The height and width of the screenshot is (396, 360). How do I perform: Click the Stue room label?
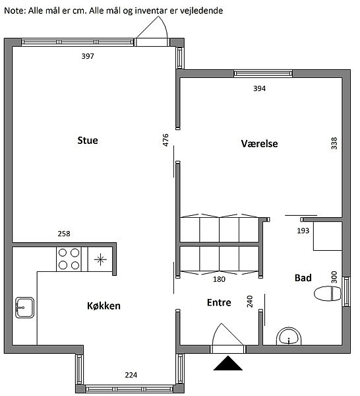[88, 141]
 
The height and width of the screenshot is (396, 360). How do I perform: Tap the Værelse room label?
[259, 144]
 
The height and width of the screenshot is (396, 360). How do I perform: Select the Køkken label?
[104, 306]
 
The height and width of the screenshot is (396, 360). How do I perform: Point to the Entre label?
[219, 302]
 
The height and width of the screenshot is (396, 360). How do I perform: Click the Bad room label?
[303, 278]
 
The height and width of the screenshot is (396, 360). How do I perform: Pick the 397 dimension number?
[88, 56]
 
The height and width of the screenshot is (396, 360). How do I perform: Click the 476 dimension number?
[165, 140]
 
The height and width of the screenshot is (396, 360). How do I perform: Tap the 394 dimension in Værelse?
[260, 88]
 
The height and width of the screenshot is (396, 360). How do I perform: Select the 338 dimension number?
[334, 143]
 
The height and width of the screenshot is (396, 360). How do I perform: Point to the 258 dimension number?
[64, 234]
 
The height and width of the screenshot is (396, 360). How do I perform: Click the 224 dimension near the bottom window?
[131, 375]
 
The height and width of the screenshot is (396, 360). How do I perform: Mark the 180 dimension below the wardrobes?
[219, 279]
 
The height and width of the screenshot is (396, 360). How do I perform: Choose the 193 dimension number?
[303, 230]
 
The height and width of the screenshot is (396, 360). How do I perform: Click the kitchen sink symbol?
[24, 308]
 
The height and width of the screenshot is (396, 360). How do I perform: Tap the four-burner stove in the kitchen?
[69, 259]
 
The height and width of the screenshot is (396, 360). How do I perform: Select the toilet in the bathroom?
[328, 294]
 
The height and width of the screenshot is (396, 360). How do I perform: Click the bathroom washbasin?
[289, 336]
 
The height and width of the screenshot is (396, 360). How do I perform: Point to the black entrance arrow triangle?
[228, 364]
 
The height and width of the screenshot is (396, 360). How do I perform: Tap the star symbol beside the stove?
[100, 259]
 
